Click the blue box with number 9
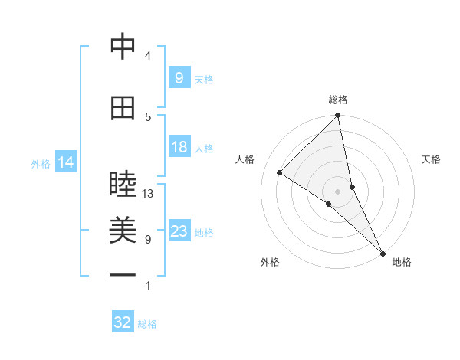(179, 77)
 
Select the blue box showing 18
(179, 147)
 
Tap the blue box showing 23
(179, 231)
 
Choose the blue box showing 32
(123, 322)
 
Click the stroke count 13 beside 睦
(148, 194)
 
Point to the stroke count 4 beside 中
(148, 56)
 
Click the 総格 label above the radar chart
(338, 100)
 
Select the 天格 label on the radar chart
(431, 159)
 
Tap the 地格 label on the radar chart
(402, 263)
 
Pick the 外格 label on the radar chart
(270, 263)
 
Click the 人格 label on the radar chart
(245, 159)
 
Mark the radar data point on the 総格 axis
(337, 116)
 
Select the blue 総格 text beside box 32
(147, 324)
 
